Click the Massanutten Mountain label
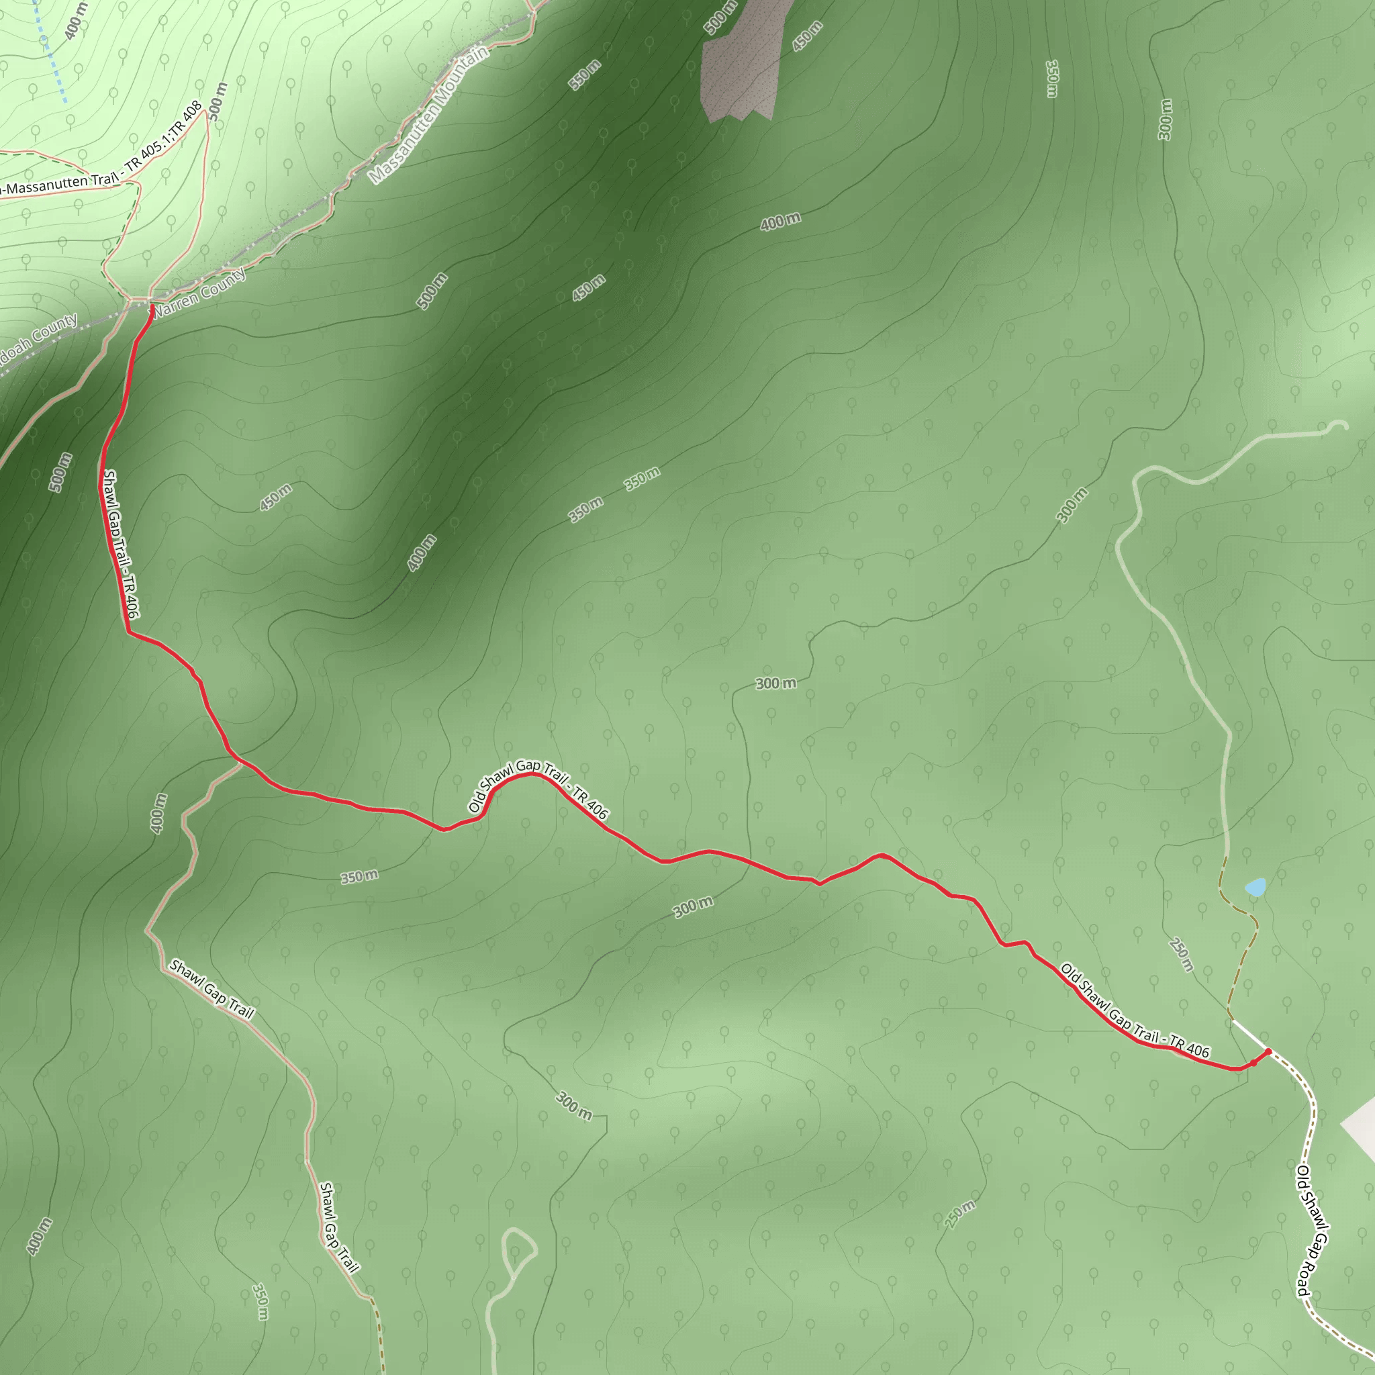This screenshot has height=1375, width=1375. [429, 115]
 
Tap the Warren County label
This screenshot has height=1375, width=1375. [200, 293]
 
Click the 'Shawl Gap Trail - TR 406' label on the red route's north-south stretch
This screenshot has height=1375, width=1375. [121, 544]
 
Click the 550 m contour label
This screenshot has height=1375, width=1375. [584, 75]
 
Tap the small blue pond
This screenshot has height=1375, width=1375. [1255, 888]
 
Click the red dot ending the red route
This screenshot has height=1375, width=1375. [1268, 1051]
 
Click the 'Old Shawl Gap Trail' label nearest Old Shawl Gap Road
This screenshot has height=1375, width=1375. [1135, 1010]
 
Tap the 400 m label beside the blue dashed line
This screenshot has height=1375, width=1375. [75, 21]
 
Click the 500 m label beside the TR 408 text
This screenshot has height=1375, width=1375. [218, 102]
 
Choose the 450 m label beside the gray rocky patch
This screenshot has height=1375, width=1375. [807, 36]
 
